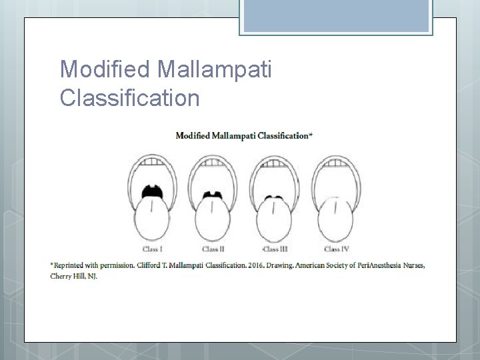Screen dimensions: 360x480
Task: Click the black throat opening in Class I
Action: tap(153, 191)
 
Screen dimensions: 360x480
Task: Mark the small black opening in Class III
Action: tap(274, 198)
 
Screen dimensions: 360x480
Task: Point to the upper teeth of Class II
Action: tap(213, 161)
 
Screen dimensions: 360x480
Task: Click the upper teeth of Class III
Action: tap(274, 161)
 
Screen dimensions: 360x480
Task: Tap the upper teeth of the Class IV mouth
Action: tap(335, 161)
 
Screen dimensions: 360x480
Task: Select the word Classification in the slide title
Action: tap(129, 98)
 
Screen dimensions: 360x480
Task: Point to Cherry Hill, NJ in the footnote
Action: tap(73, 276)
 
